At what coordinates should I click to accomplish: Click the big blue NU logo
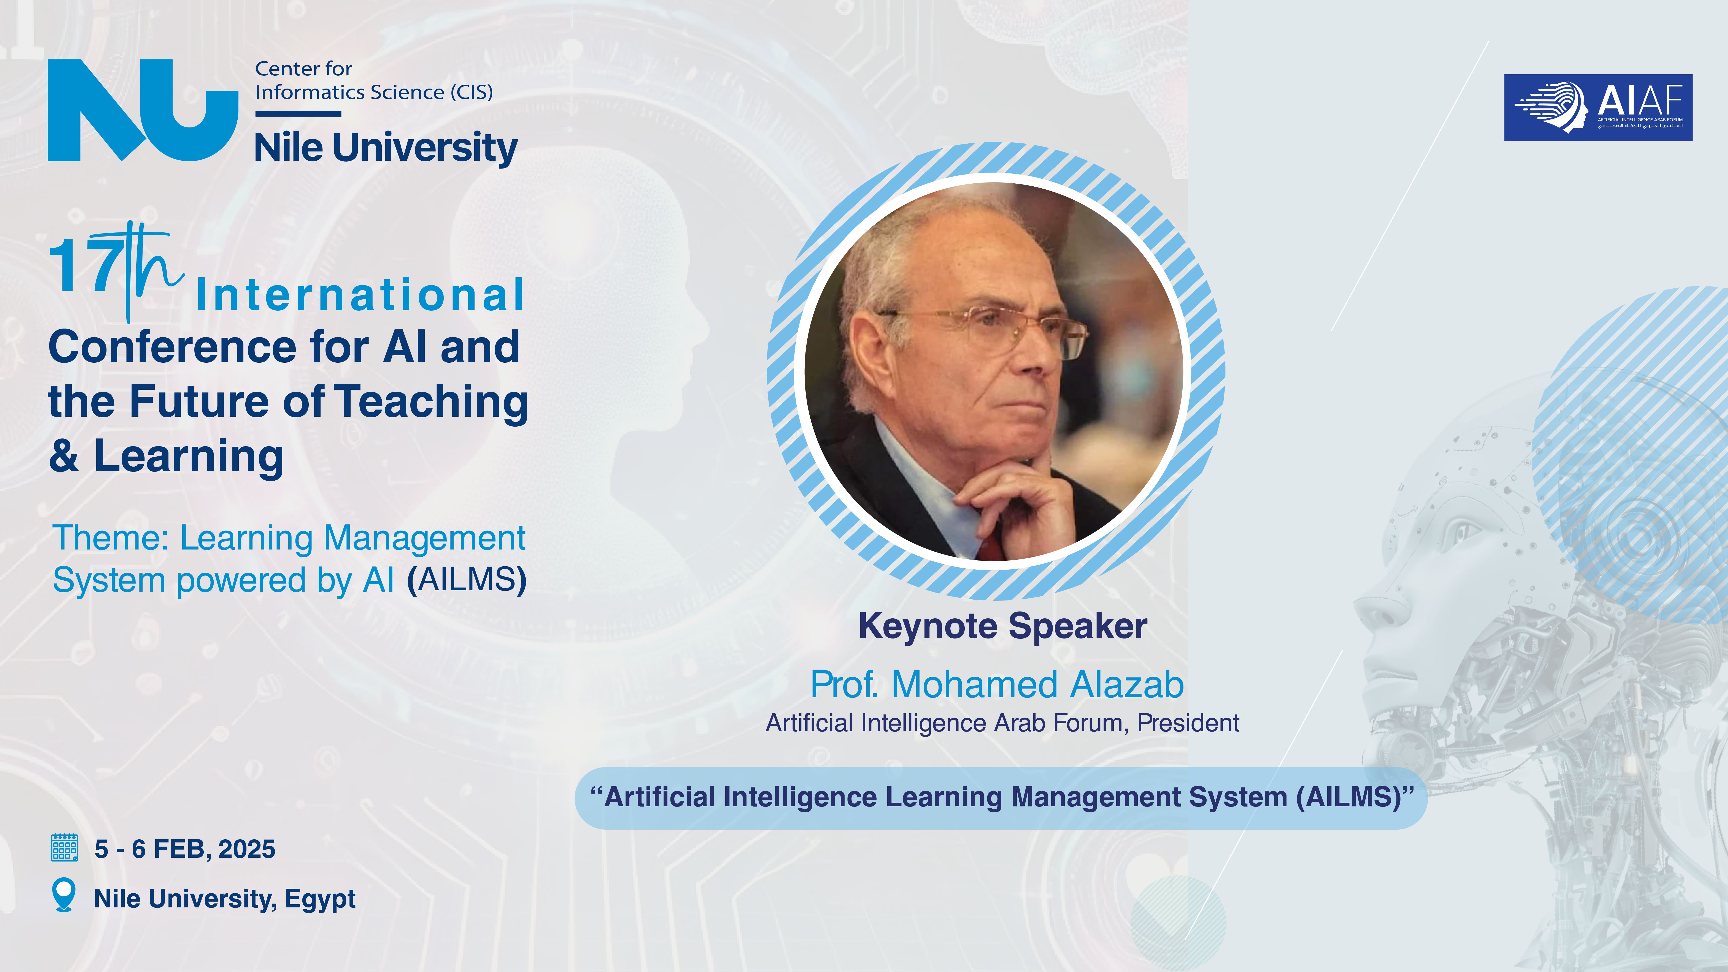[x=143, y=110]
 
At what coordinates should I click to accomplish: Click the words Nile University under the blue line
[x=386, y=148]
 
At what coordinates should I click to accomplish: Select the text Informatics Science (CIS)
[x=374, y=92]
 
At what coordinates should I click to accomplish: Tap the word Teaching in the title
[x=431, y=402]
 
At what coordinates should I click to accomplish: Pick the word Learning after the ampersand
[x=189, y=457]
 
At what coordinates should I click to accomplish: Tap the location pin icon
[x=64, y=895]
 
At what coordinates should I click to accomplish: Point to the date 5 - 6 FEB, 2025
[x=184, y=849]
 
